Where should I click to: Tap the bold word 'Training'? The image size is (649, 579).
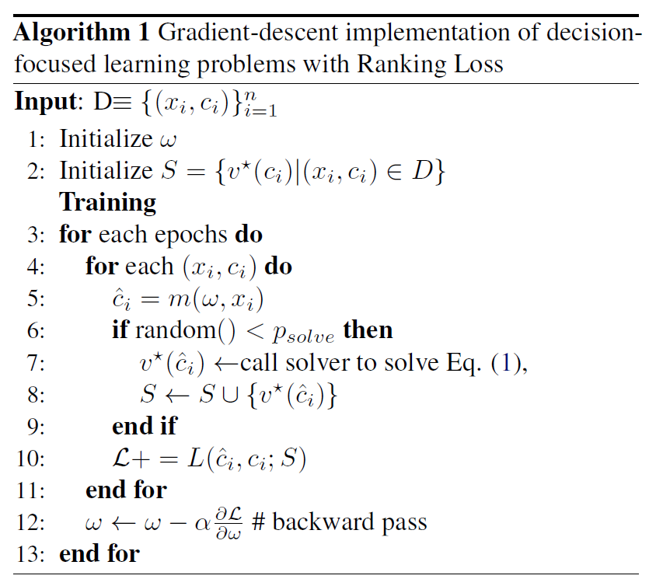[108, 202]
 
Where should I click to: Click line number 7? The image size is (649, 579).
[37, 362]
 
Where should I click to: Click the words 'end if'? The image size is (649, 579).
[145, 426]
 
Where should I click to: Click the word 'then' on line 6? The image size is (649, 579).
[368, 330]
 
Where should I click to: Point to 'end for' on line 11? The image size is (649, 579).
[125, 490]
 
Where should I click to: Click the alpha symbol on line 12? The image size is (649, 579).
[204, 522]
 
